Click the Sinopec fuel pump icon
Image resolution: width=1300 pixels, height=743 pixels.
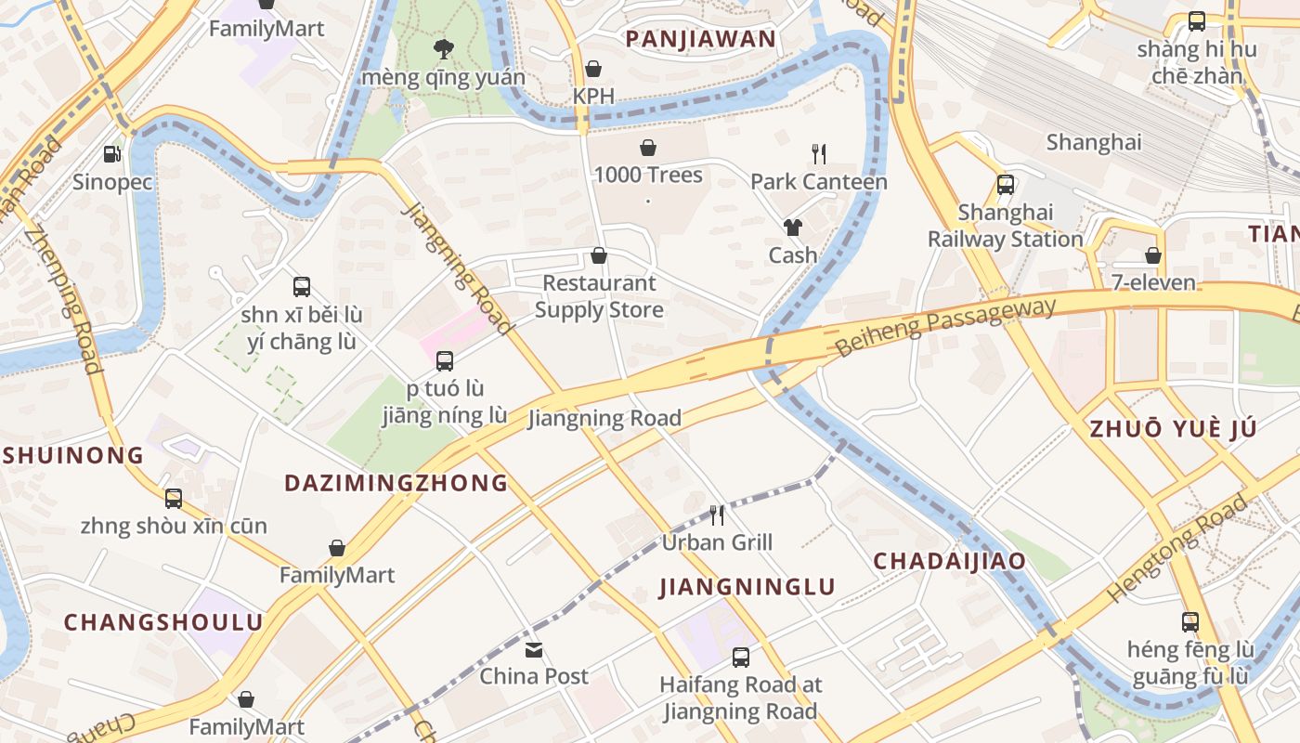111,153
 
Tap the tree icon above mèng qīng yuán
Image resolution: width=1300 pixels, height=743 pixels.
443,48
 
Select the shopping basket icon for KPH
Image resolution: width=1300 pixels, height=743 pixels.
593,69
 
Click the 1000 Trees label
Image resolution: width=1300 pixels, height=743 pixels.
648,175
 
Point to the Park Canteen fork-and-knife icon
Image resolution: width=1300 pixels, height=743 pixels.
818,153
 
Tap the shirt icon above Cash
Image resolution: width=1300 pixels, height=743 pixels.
792,227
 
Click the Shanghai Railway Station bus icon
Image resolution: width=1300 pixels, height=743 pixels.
1006,184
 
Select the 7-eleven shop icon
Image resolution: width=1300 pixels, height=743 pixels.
1153,255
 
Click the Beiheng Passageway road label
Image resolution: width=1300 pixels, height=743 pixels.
945,327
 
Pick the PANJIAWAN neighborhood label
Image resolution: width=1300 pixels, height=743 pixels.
700,39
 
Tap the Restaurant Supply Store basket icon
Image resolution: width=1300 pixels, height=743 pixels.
599,255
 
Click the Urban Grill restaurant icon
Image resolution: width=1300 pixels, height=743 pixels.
717,515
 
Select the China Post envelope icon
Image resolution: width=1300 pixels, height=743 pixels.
534,649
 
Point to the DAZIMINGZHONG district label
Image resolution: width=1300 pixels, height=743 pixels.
396,483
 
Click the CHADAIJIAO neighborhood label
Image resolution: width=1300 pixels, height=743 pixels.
950,561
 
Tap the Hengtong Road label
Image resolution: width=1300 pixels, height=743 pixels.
1177,549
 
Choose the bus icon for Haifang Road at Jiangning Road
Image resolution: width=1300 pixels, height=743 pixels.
740,658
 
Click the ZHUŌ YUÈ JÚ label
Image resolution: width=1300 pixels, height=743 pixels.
1173,429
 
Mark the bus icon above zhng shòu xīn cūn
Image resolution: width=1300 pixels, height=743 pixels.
174,499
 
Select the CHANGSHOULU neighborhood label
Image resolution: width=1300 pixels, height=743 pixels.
163,622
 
